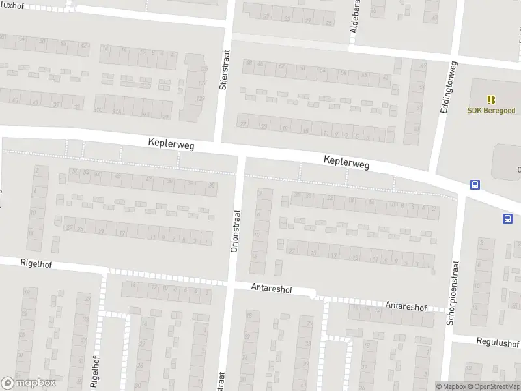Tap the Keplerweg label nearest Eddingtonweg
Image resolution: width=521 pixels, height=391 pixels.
pyautogui.click(x=346, y=162)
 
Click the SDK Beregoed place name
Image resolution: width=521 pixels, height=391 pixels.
pyautogui.click(x=491, y=110)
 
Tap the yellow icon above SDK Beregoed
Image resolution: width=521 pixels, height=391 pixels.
pyautogui.click(x=491, y=99)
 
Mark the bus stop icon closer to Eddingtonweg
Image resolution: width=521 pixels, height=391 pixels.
pyautogui.click(x=474, y=185)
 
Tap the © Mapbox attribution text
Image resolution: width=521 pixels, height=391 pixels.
pyautogui.click(x=451, y=386)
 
